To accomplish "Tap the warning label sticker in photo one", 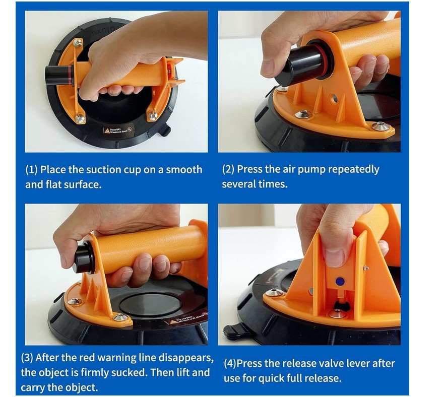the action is pyautogui.click(x=118, y=130).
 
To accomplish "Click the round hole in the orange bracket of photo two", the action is pyautogui.click(x=335, y=98).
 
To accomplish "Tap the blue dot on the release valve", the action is pyautogui.click(x=340, y=281).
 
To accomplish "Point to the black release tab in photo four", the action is pyautogui.click(x=233, y=331).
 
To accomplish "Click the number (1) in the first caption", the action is pyautogui.click(x=31, y=170).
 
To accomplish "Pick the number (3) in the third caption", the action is pyautogui.click(x=27, y=358).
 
